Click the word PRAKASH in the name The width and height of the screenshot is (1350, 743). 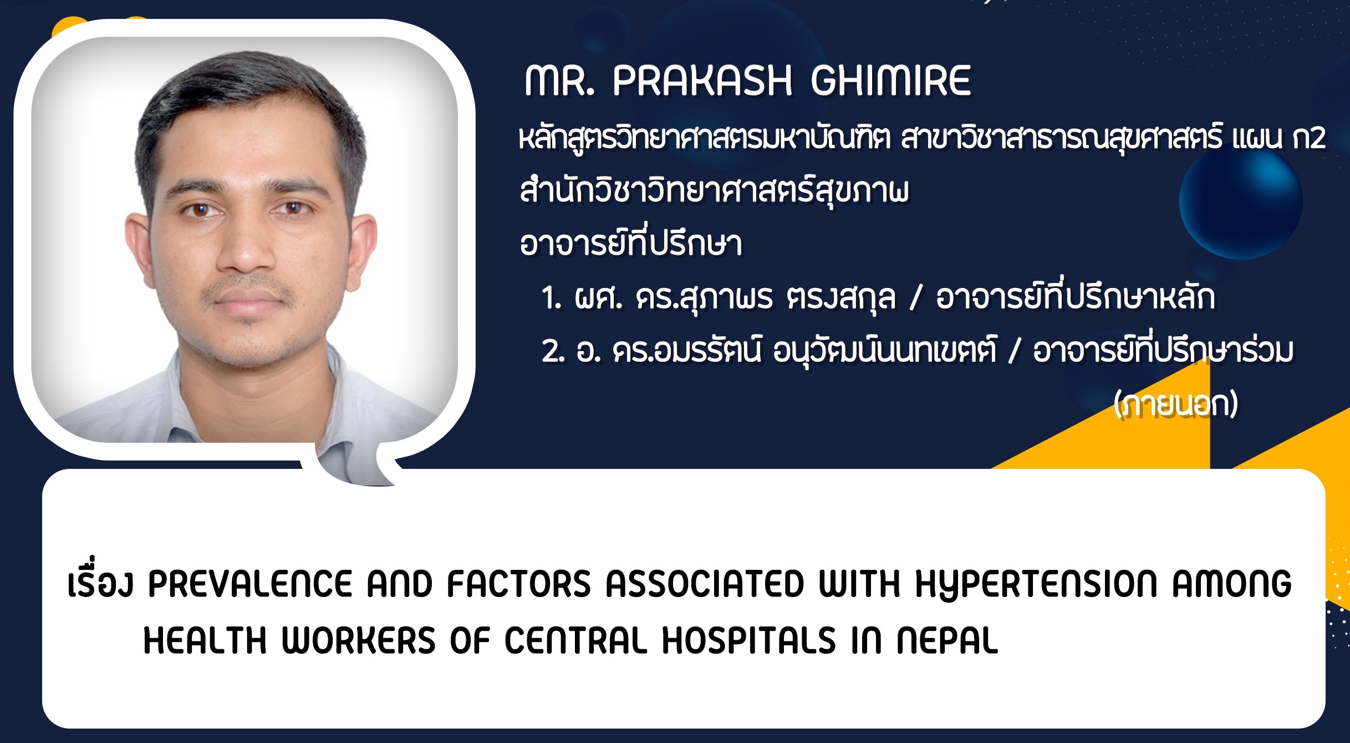tap(702, 81)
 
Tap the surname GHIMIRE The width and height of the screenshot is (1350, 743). tap(891, 81)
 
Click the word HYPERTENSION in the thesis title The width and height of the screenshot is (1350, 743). tap(1036, 584)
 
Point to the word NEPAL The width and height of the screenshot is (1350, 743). tap(947, 640)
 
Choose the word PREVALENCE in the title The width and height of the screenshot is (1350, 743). tap(250, 584)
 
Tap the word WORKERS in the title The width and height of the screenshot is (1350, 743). tap(359, 640)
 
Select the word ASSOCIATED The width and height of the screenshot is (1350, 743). tap(705, 584)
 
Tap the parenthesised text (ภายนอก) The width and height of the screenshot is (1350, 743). tap(1176, 404)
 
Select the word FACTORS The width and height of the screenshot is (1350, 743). tap(519, 584)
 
